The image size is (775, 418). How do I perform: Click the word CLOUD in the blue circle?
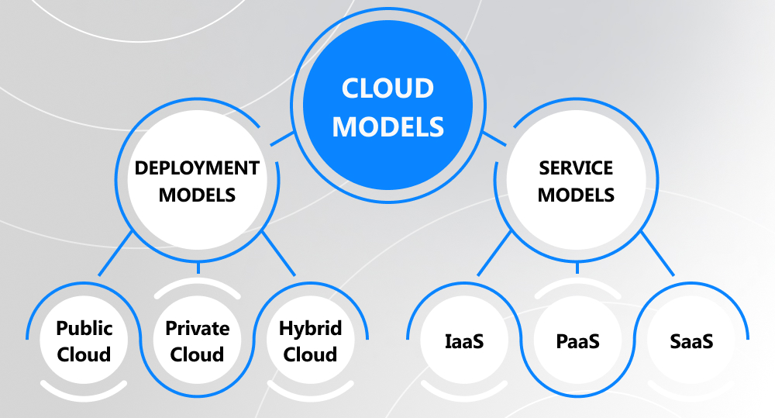pyautogui.click(x=387, y=88)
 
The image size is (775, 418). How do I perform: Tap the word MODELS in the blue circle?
pyautogui.click(x=387, y=126)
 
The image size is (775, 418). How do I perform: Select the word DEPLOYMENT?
pyautogui.click(x=197, y=168)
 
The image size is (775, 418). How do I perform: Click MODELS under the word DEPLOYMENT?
pyautogui.click(x=197, y=195)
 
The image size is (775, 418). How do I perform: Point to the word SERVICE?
pyautogui.click(x=576, y=168)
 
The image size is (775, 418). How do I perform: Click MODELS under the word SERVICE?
pyautogui.click(x=576, y=195)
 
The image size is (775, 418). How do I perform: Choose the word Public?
pyautogui.click(x=84, y=328)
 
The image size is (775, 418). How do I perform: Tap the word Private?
pyautogui.click(x=198, y=328)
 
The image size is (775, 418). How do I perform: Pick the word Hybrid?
pyautogui.click(x=310, y=328)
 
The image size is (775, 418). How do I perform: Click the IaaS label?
pyautogui.click(x=463, y=341)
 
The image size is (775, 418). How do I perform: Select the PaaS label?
pyautogui.click(x=577, y=341)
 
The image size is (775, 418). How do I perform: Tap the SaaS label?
pyautogui.click(x=691, y=341)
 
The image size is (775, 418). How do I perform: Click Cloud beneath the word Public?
pyautogui.click(x=84, y=355)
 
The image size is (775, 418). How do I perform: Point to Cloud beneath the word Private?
pyautogui.click(x=198, y=355)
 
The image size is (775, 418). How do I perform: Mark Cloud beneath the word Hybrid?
pyautogui.click(x=310, y=355)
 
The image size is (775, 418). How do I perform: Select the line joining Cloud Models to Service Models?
pyautogui.click(x=494, y=140)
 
